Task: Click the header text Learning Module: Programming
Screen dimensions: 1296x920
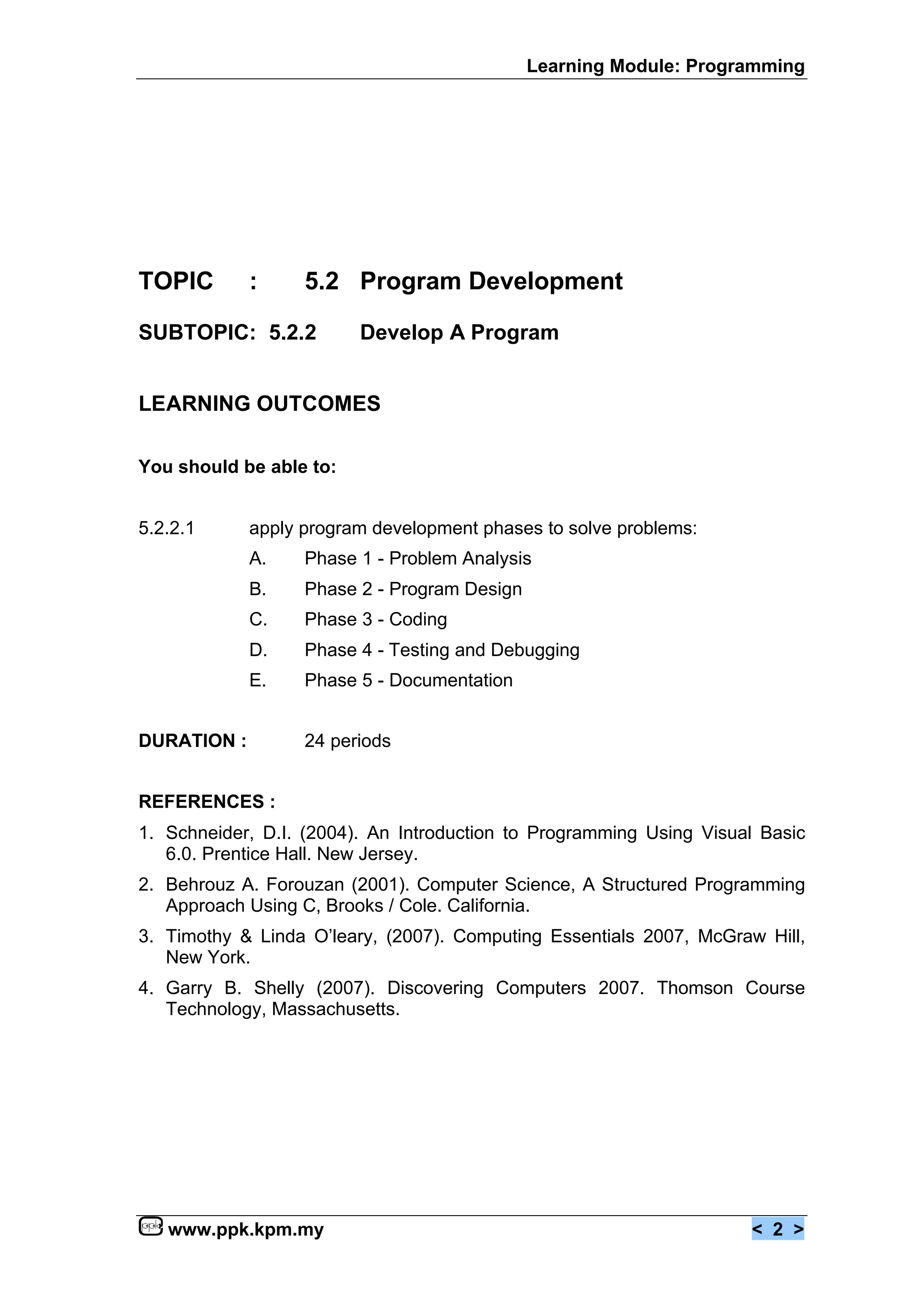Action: pyautogui.click(x=665, y=67)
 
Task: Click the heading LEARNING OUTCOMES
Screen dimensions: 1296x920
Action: pyautogui.click(x=260, y=404)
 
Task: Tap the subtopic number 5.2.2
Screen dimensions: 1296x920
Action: pyautogui.click(x=292, y=333)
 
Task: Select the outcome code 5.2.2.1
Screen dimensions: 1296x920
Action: pyautogui.click(x=167, y=528)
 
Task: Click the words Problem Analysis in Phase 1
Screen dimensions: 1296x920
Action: pyautogui.click(x=460, y=559)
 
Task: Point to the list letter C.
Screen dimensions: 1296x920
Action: pyautogui.click(x=258, y=619)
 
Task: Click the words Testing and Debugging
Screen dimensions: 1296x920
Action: pyautogui.click(x=484, y=650)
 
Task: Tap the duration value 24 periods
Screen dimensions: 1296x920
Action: pyautogui.click(x=347, y=741)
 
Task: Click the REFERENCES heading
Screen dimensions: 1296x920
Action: pyautogui.click(x=207, y=802)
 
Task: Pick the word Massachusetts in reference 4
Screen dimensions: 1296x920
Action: pyautogui.click(x=336, y=1009)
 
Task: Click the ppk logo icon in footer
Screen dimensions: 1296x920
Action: pyautogui.click(x=150, y=1226)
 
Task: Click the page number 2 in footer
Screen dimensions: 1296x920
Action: pyautogui.click(x=777, y=1229)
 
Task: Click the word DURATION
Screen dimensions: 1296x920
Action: pyautogui.click(x=186, y=741)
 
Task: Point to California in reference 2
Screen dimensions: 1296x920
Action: pyautogui.click(x=488, y=905)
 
